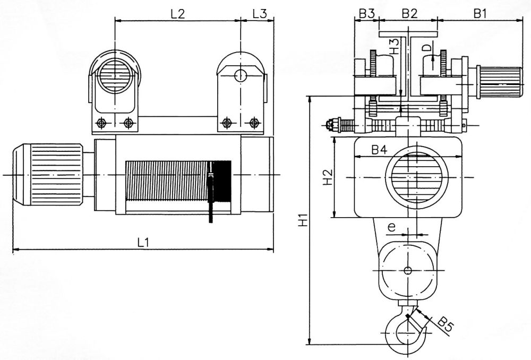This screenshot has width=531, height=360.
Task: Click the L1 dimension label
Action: (142, 242)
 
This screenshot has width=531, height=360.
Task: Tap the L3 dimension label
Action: (259, 14)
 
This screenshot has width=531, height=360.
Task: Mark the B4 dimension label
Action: (379, 150)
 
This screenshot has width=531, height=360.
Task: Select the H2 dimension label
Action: (328, 177)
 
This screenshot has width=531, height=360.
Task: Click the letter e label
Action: (392, 227)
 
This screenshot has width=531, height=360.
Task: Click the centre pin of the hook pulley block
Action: (407, 270)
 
